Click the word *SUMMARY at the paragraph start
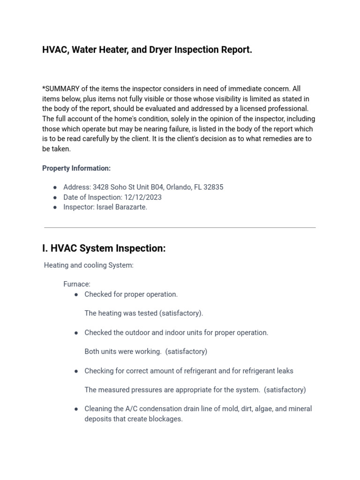point(62,89)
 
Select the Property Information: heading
point(76,168)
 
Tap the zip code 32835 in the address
point(213,187)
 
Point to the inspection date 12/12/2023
point(143,197)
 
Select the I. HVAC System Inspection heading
point(104,248)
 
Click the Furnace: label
point(77,284)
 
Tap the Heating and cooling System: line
point(89,265)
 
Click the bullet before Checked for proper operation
point(76,294)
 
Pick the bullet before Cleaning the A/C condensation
point(76,409)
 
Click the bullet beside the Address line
point(55,187)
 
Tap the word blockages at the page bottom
point(165,419)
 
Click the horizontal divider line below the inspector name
point(180,228)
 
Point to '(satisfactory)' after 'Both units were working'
point(186,352)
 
